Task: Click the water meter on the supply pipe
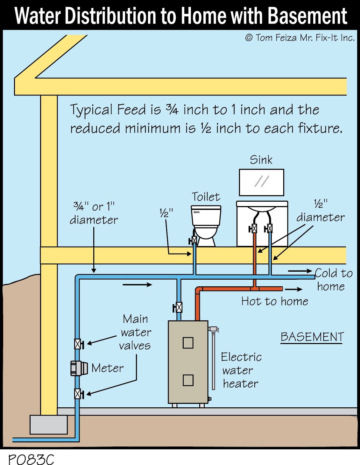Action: click(79, 368)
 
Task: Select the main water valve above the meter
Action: click(78, 344)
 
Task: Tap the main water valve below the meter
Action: click(78, 394)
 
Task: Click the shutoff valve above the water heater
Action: click(179, 307)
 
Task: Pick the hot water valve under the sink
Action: click(254, 228)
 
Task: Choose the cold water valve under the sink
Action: click(269, 228)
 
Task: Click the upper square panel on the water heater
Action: click(188, 343)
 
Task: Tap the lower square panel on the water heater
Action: click(188, 380)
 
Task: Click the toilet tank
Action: click(206, 216)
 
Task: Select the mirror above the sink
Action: click(261, 182)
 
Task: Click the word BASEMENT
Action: click(312, 337)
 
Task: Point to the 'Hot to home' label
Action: click(274, 301)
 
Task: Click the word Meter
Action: click(108, 368)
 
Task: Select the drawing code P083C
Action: click(31, 459)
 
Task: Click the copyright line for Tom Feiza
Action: click(300, 38)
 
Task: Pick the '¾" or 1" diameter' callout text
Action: click(94, 213)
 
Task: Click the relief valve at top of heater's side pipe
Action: click(213, 329)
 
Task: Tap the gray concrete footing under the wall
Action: click(49, 425)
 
